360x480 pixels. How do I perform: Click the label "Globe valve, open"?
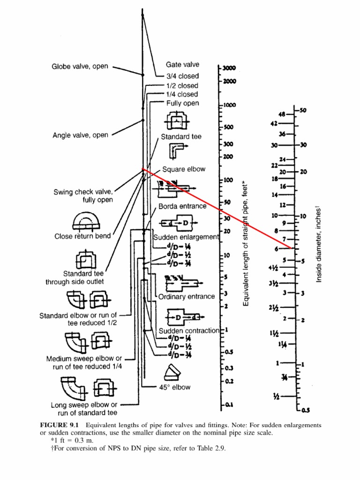[79, 67]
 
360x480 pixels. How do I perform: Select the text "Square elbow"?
[184, 169]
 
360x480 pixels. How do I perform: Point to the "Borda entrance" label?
[182, 206]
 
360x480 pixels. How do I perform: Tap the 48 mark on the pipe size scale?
[282, 114]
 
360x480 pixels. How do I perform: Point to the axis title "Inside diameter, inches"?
[319, 244]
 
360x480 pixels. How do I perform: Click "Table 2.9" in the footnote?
[211, 449]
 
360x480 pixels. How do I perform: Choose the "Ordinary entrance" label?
[187, 297]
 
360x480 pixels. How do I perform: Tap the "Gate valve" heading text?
[182, 65]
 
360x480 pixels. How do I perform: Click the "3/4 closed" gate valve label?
[182, 76]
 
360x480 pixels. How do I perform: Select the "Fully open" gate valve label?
[182, 103]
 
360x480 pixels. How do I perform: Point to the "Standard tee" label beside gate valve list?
[181, 137]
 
